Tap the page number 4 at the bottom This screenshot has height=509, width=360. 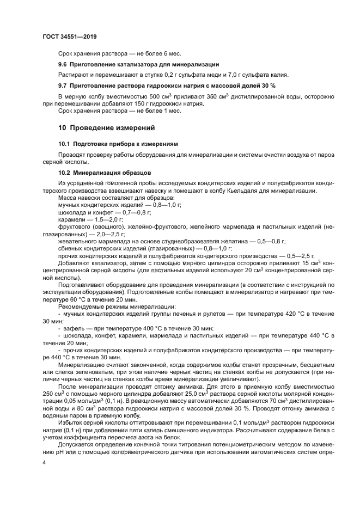click(44, 463)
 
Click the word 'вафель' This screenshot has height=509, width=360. click(72, 328)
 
